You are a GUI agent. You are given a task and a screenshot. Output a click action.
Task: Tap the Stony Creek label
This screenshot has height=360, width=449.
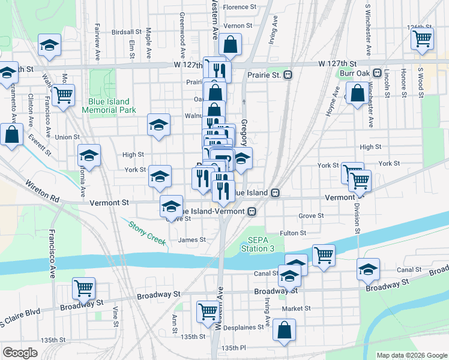[x=147, y=232]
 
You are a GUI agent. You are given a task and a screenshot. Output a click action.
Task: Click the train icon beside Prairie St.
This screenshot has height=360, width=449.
[x=288, y=75]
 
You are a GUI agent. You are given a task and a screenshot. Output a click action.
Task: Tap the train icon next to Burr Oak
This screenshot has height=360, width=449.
[x=377, y=73]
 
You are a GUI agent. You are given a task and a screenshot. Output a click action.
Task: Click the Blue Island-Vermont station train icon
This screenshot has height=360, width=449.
[x=253, y=211]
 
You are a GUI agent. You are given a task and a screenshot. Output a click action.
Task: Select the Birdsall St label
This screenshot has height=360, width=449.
[x=126, y=31]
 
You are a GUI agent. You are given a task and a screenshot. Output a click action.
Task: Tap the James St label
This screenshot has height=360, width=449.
[x=192, y=239]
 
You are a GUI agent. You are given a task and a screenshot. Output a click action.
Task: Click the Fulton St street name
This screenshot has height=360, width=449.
[x=293, y=233]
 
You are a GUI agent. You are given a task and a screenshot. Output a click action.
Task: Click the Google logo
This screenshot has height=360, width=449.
[x=20, y=353]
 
